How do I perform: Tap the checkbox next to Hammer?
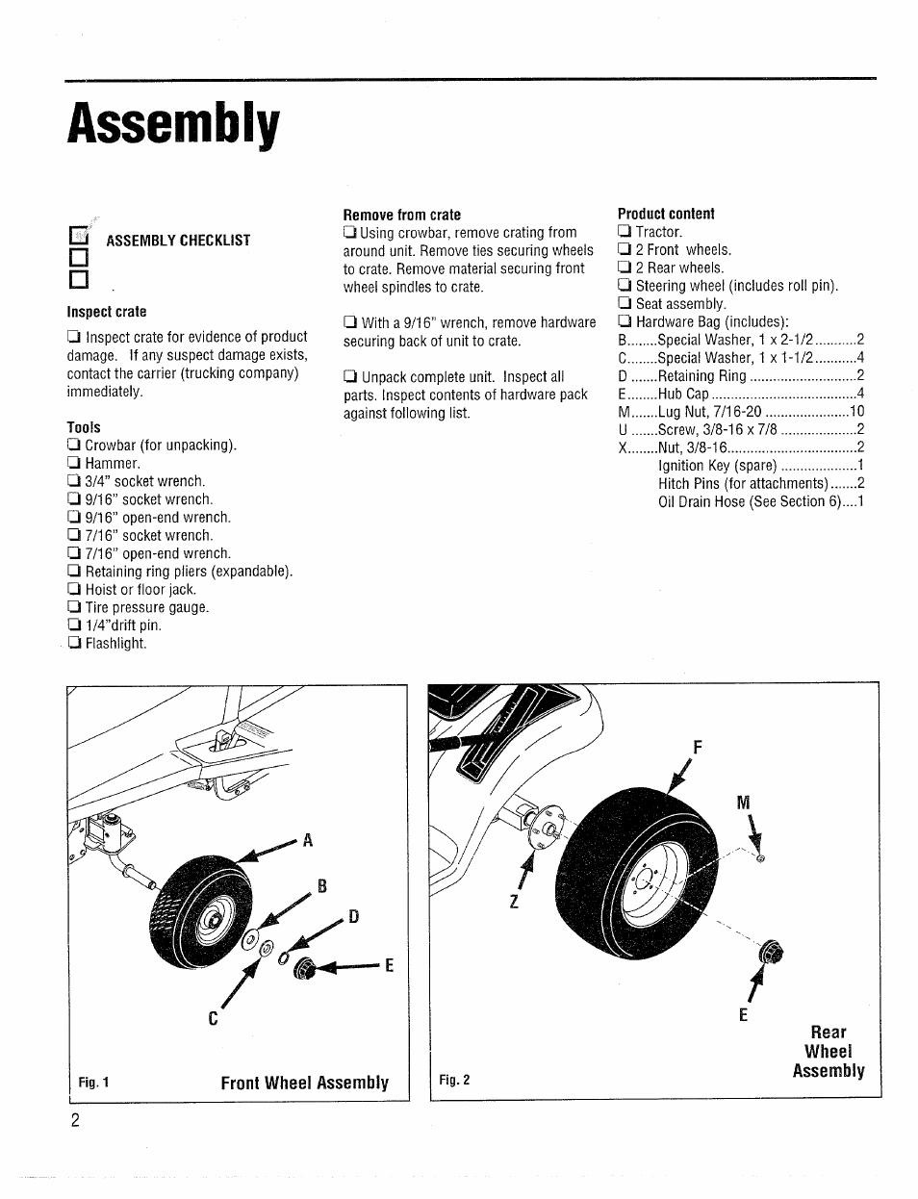coord(73,464)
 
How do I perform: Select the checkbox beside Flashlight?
coord(73,644)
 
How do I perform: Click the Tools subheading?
coord(84,427)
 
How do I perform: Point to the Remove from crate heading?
coord(402,215)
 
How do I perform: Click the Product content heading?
coord(666,214)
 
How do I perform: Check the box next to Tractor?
coord(625,232)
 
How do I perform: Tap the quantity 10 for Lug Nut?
coord(856,412)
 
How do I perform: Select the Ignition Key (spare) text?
coord(718,466)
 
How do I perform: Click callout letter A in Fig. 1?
coord(309,840)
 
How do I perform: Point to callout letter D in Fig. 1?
coord(353,917)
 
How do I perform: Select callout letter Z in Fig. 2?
coord(515,903)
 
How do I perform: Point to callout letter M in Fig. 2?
coord(742,803)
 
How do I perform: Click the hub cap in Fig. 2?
coord(771,953)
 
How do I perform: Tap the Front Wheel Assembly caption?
coord(304,1083)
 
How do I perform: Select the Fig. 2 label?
coord(454,1080)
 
